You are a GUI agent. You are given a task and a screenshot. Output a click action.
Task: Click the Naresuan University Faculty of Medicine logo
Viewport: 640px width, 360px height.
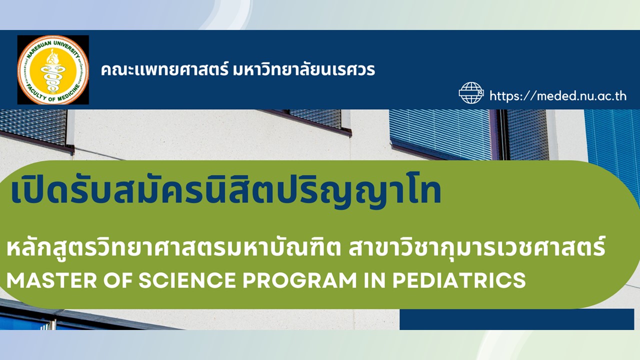click(x=53, y=69)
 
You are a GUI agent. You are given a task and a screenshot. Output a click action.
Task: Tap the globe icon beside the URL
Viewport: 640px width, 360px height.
click(x=471, y=93)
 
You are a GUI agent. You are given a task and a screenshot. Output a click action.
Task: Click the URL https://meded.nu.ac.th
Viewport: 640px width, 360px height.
click(x=558, y=95)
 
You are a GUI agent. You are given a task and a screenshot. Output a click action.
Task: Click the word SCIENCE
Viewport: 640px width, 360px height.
click(x=187, y=280)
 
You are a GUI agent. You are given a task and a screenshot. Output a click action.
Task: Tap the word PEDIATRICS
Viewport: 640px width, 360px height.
click(x=459, y=280)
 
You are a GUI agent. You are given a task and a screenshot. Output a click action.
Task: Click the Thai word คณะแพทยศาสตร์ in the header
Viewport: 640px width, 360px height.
click(x=165, y=70)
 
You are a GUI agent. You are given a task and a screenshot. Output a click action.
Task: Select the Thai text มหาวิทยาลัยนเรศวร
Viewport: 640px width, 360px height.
click(x=304, y=70)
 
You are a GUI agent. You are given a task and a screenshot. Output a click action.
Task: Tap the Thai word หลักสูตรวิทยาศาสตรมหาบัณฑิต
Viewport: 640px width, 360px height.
click(x=173, y=248)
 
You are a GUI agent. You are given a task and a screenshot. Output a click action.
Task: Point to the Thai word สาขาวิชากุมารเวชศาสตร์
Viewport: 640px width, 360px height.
click(x=477, y=248)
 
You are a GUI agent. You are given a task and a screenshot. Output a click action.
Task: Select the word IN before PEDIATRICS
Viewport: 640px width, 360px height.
click(x=375, y=280)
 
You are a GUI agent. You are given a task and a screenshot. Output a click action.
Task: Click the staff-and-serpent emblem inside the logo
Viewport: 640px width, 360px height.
click(x=53, y=71)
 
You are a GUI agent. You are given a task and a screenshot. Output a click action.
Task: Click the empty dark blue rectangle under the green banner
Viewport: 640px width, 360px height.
click(x=516, y=319)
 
